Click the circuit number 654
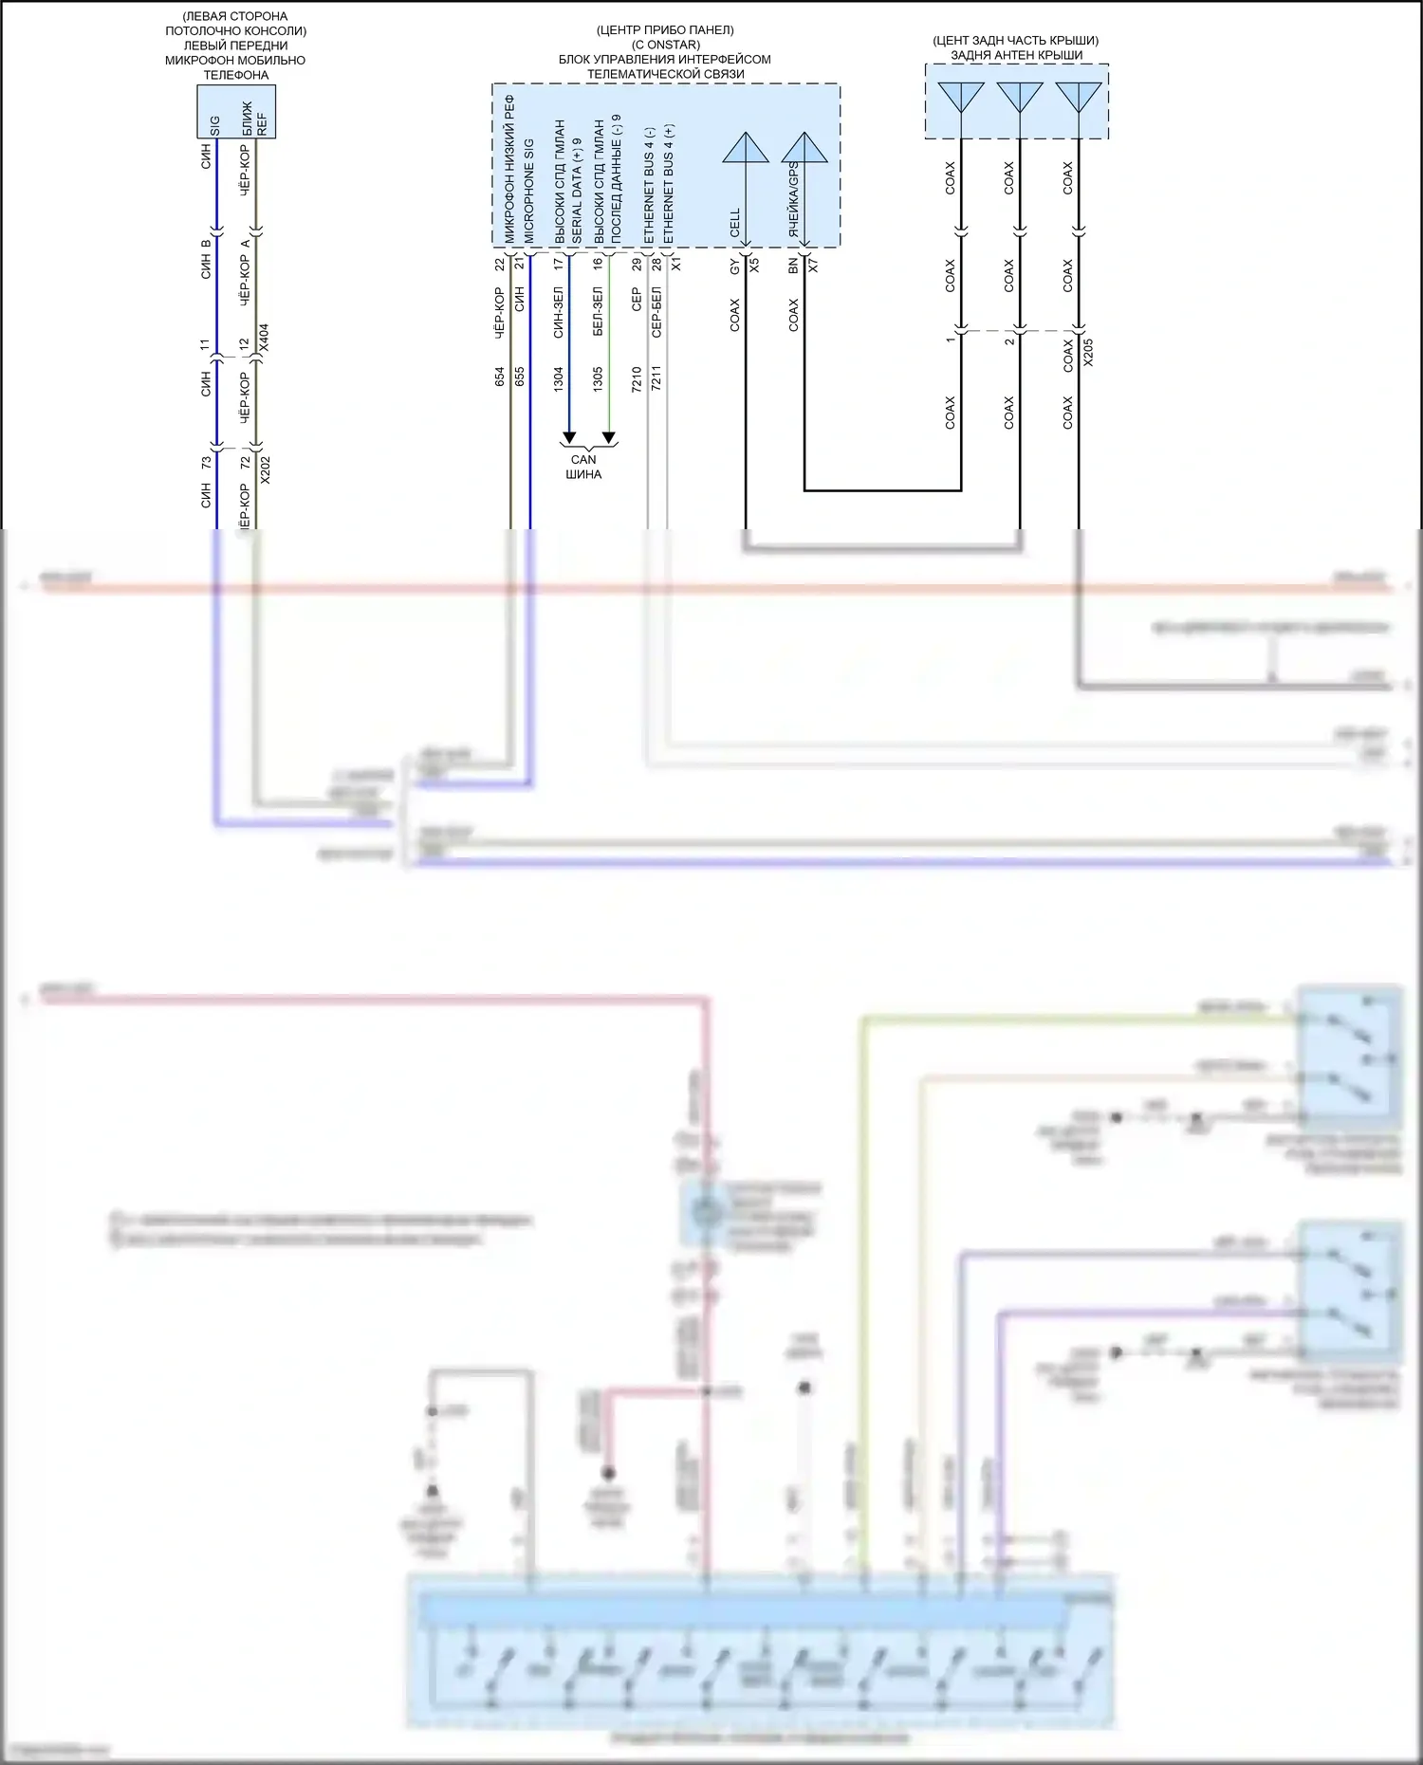tap(500, 377)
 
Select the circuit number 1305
tap(598, 378)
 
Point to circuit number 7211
tap(656, 378)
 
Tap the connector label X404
tap(264, 339)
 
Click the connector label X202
tap(265, 470)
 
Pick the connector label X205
tap(1088, 352)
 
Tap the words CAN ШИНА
tap(583, 467)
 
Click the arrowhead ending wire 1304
tap(569, 439)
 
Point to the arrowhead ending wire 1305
tap(609, 439)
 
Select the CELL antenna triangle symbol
tap(746, 148)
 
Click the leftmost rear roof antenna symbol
tap(961, 97)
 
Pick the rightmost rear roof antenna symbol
tap(1079, 97)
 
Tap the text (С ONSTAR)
tap(665, 45)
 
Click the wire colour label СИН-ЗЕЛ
tap(558, 312)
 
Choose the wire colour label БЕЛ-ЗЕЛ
tap(598, 312)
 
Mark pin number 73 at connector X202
tap(206, 463)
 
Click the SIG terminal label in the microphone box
tap(215, 125)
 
